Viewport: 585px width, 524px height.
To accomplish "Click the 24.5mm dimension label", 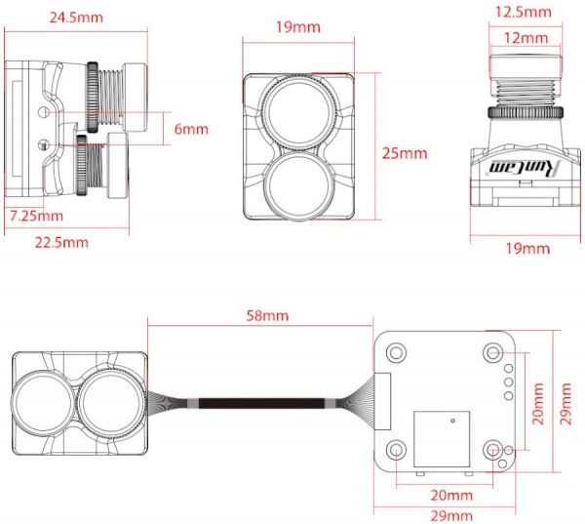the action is tap(76, 18).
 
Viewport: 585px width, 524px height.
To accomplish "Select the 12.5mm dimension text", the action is tap(523, 12).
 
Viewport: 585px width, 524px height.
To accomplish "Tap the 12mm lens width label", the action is tap(526, 38).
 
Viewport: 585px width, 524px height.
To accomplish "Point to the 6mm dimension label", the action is tap(191, 129).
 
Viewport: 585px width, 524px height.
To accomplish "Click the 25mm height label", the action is tap(405, 153).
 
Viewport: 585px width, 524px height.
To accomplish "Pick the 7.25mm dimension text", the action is tap(36, 216).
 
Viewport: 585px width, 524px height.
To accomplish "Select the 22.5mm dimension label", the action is tap(61, 242).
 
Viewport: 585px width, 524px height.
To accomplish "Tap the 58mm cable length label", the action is tap(267, 315).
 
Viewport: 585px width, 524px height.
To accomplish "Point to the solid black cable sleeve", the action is tap(261, 404).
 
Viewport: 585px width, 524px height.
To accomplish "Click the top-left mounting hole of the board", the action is tap(396, 352).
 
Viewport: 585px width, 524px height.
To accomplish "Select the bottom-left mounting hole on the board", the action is tap(396, 449).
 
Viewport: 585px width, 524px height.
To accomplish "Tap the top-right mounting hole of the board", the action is tap(492, 352).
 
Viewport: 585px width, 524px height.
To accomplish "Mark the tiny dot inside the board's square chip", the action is tap(452, 421).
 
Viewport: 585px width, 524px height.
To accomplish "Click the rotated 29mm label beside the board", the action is tap(565, 403).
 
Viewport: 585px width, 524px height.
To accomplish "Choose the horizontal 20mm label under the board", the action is tap(451, 496).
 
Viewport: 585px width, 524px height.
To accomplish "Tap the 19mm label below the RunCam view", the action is tap(527, 249).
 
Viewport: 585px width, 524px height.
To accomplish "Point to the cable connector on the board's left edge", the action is tap(382, 401).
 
